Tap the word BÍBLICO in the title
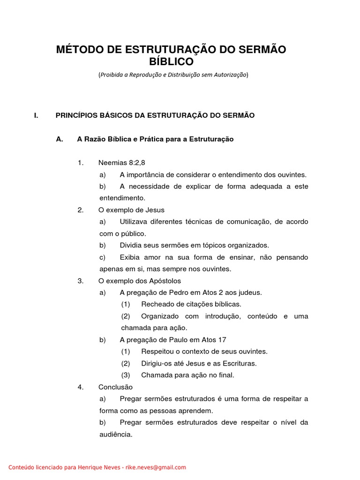pos(171,62)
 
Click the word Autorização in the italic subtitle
pos(229,75)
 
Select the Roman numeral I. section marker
pos(36,115)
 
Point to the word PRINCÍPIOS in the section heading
pos(77,115)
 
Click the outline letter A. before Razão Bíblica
pos(59,139)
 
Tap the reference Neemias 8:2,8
pos(119,163)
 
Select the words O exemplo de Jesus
pos(131,210)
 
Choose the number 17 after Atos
pos(222,340)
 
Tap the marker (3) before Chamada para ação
pos(125,375)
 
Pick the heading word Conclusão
pos(115,387)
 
